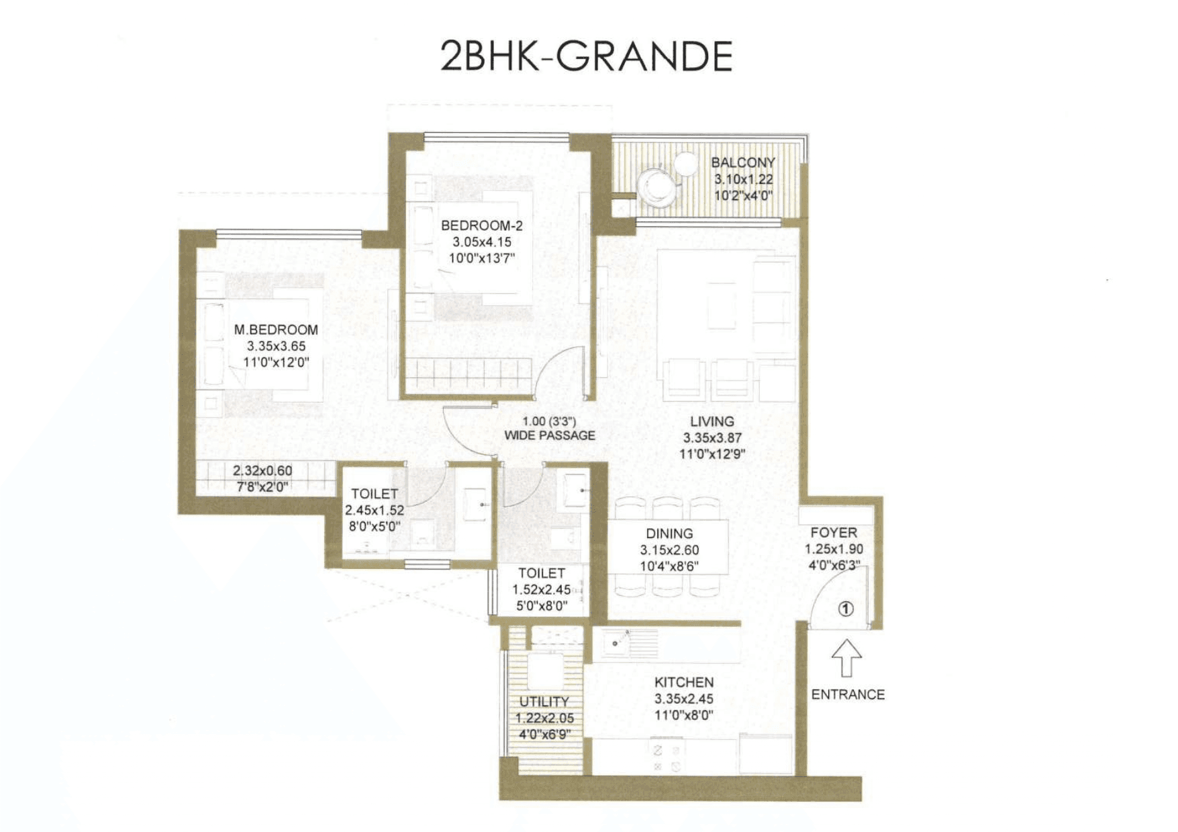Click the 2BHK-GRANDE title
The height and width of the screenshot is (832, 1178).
(x=586, y=56)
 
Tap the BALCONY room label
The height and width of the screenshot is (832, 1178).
(x=743, y=162)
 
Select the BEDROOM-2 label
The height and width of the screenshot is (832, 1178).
(x=481, y=226)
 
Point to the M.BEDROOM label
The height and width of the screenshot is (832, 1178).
(x=276, y=329)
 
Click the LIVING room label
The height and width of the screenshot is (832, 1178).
(x=712, y=421)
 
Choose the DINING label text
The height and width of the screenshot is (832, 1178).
(x=669, y=533)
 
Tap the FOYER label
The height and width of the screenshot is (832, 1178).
(x=834, y=533)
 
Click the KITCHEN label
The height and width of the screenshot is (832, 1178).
(x=684, y=682)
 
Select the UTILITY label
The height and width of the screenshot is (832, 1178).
(x=544, y=702)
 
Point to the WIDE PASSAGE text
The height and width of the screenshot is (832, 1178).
(x=550, y=435)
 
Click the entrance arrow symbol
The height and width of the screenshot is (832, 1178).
(x=846, y=658)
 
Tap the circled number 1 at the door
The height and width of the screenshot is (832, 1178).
(x=846, y=609)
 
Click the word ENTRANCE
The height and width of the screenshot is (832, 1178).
(x=848, y=694)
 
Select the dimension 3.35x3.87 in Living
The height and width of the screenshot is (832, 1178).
(x=712, y=438)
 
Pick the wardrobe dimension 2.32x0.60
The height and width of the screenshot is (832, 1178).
(x=262, y=471)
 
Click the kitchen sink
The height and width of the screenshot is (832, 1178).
(x=616, y=642)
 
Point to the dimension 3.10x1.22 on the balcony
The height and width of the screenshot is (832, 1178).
(x=743, y=179)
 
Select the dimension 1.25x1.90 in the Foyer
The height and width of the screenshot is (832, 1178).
(x=834, y=549)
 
